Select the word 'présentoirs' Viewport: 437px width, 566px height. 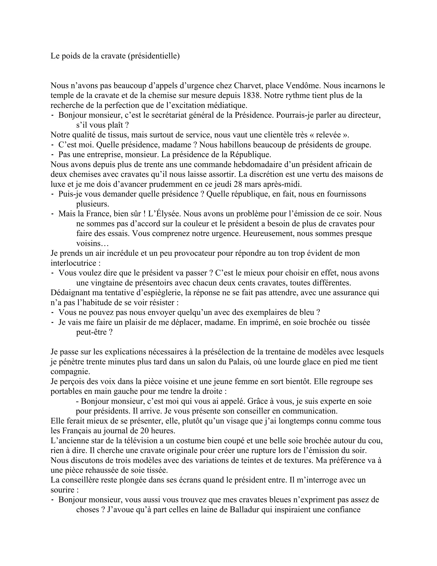141,283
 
